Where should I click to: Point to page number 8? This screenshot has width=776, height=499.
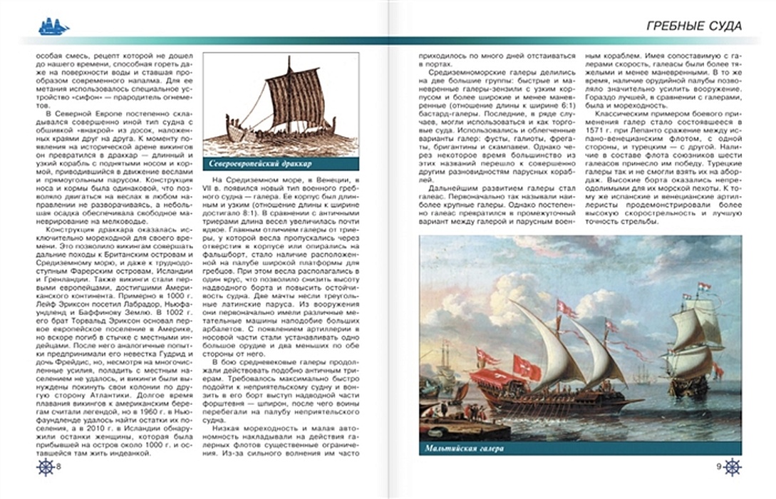point(58,467)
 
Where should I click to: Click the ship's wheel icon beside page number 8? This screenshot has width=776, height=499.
point(45,467)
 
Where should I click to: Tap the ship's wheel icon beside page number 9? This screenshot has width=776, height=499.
point(732,467)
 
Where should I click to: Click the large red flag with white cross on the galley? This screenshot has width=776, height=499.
point(528,366)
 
